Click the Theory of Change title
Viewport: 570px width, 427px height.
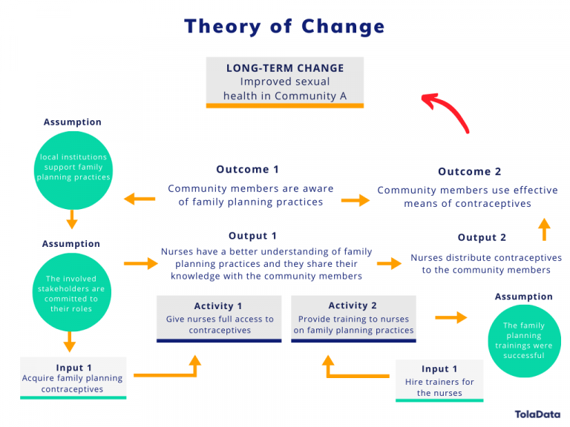(x=285, y=27)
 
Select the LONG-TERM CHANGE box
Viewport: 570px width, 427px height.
(x=285, y=82)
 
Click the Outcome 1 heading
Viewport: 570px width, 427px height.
(x=248, y=170)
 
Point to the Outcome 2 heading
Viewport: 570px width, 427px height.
(x=469, y=172)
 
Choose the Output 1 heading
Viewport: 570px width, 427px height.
(x=252, y=236)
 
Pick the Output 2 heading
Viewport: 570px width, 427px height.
(x=482, y=238)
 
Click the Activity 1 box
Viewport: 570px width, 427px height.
(x=219, y=318)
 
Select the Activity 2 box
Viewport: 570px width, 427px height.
(x=353, y=318)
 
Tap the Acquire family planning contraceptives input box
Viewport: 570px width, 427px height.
(x=73, y=377)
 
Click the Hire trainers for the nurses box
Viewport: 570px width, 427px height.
(x=439, y=380)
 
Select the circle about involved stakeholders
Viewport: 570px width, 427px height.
(x=72, y=294)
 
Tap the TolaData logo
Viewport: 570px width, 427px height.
(x=537, y=414)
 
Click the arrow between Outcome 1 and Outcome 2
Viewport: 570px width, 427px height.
(x=355, y=200)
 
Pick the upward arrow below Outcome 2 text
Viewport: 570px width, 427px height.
(x=544, y=229)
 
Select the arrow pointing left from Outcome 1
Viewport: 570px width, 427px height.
(x=140, y=199)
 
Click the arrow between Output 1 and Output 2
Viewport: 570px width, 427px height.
(x=388, y=263)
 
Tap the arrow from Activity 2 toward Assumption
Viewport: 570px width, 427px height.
(x=451, y=317)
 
